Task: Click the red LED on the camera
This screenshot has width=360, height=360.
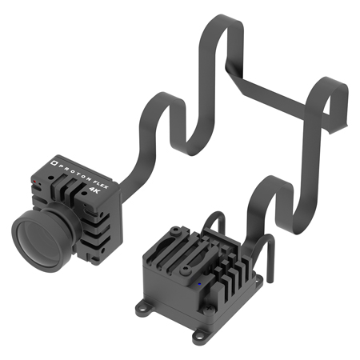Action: [34, 182]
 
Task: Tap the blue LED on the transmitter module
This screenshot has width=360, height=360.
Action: [199, 284]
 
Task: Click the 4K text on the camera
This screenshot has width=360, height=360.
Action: [94, 190]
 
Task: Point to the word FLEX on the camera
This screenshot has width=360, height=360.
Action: [101, 184]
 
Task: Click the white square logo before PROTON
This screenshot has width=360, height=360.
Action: [54, 162]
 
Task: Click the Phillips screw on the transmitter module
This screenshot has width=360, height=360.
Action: [209, 310]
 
